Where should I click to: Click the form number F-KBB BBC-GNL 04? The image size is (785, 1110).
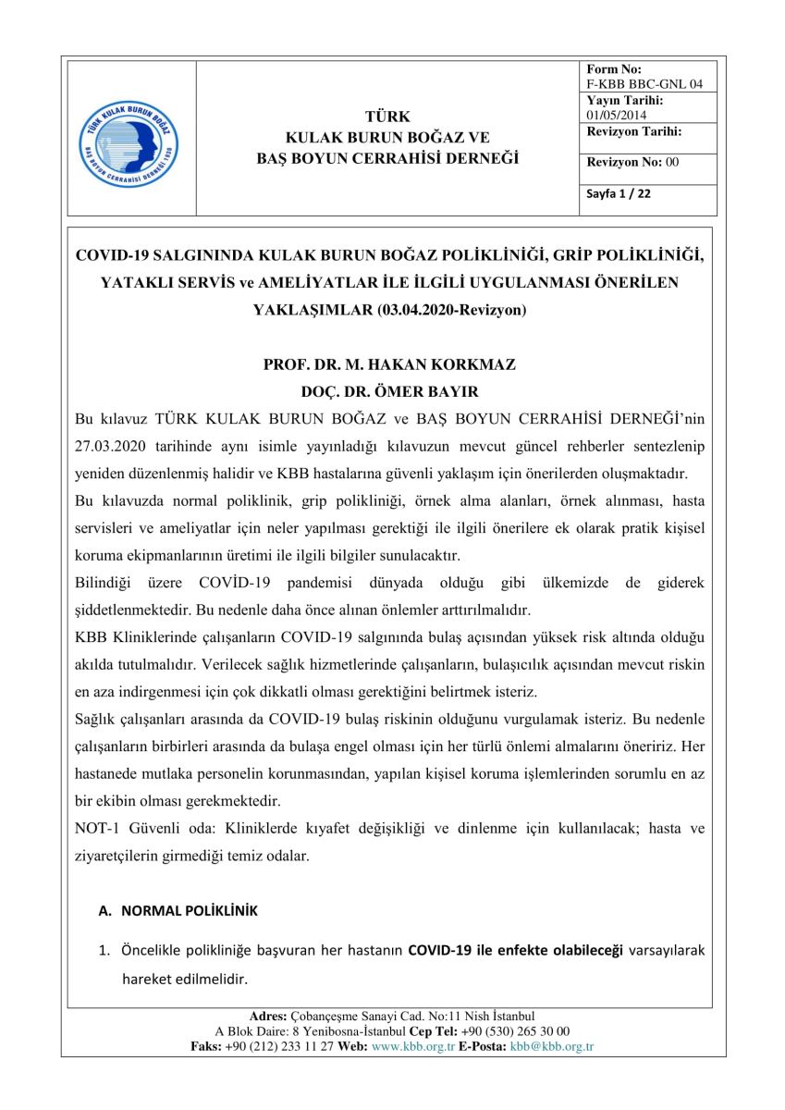click(x=644, y=84)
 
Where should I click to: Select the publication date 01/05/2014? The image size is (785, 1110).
click(x=617, y=115)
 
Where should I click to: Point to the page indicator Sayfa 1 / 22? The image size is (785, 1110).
click(x=619, y=194)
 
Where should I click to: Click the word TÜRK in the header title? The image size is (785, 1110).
click(x=387, y=117)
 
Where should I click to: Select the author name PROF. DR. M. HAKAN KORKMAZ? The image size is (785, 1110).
click(x=389, y=364)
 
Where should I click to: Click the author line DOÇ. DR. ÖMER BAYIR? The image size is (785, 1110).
click(x=389, y=391)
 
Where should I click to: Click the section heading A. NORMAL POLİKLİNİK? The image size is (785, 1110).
click(x=178, y=911)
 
